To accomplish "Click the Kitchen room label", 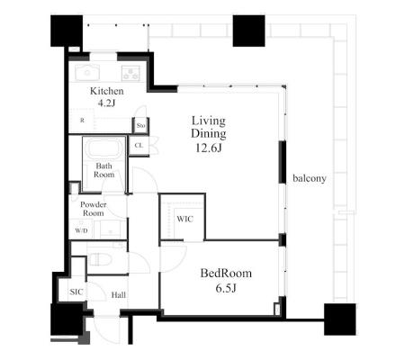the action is click(107, 91).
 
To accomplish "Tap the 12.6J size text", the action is click(209, 148).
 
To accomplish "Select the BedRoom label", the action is click(226, 274).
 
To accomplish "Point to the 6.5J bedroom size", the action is click(226, 288).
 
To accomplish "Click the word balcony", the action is click(310, 178).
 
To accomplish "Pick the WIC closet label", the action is click(184, 219).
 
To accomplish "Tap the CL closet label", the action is click(139, 146).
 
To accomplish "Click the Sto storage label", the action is click(140, 125).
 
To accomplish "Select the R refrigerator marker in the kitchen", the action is click(82, 121).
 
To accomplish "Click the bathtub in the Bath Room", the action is click(104, 148).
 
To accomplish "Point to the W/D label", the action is click(81, 230).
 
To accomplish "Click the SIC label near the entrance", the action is click(76, 292).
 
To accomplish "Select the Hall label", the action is click(119, 295).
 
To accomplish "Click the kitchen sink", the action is click(87, 73).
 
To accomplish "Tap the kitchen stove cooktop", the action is click(130, 73).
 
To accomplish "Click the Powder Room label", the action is click(93, 209).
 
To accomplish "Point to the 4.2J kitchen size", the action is click(106, 103).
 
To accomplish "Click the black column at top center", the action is click(248, 31).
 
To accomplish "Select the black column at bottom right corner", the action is click(340, 319).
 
